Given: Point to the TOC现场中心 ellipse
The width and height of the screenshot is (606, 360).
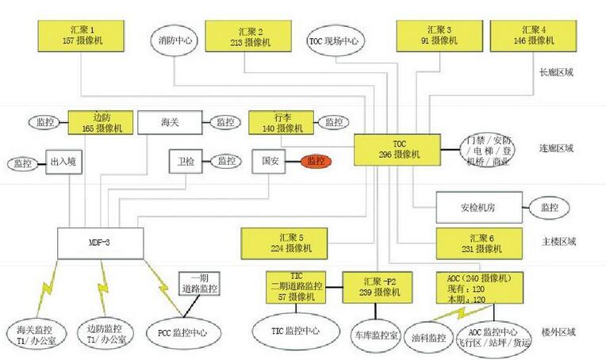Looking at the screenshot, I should point(334,39).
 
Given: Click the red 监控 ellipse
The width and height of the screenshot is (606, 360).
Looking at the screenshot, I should point(315,161).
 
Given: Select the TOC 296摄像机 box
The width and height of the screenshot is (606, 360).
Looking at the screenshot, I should point(404,149).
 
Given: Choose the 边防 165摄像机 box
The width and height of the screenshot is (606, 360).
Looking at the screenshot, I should point(101,122).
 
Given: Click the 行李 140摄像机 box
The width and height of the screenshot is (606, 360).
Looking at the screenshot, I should point(282,122).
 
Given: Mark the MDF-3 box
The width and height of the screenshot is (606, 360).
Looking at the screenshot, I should point(99,241).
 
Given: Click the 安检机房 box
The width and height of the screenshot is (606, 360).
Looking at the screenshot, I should point(478,208).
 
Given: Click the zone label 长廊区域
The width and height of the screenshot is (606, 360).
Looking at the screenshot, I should point(556,72).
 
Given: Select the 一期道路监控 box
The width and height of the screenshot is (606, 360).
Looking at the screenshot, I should point(204,283).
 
